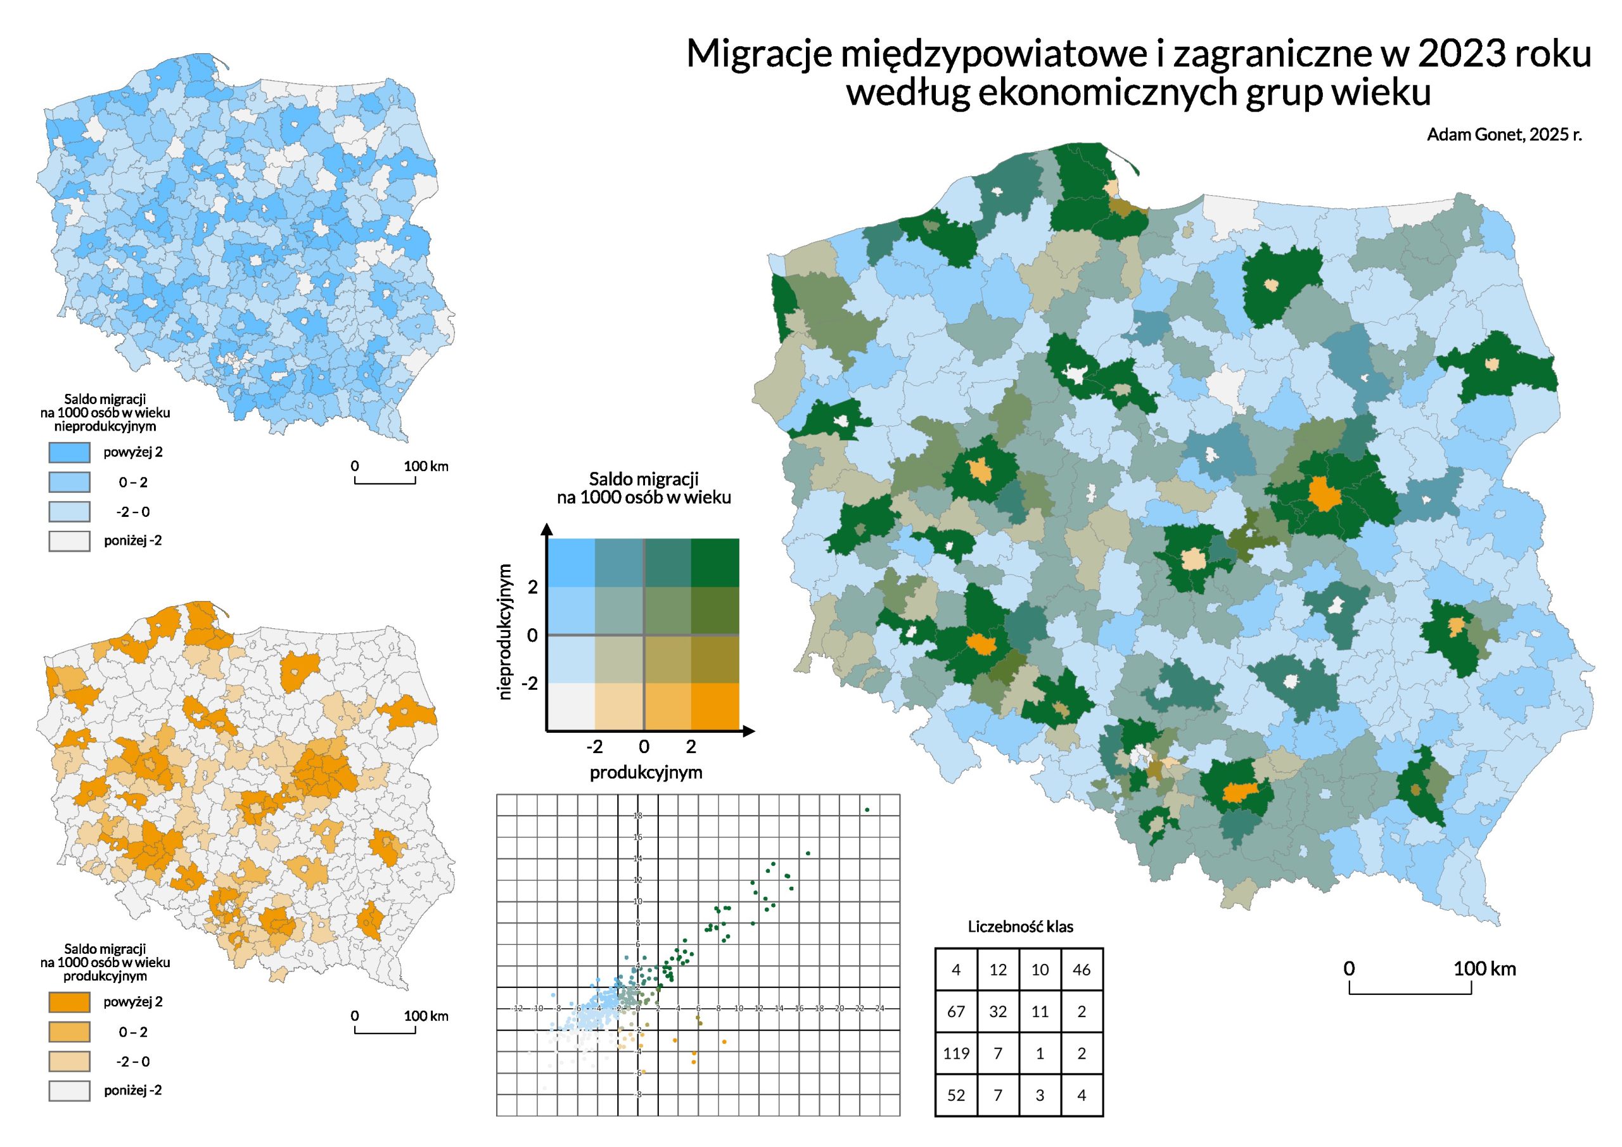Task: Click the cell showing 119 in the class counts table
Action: [x=956, y=1053]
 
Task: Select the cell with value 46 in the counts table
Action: [x=1082, y=970]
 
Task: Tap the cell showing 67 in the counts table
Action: [x=956, y=1011]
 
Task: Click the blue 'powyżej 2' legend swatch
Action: [x=69, y=452]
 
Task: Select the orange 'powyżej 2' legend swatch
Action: [x=69, y=1002]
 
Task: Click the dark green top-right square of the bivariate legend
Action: [x=715, y=562]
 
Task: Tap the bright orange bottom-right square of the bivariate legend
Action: [x=715, y=706]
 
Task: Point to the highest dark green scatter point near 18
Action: [x=867, y=809]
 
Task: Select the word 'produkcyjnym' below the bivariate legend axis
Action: [x=646, y=772]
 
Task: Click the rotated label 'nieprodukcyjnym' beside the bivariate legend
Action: [x=505, y=631]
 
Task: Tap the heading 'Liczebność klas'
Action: [x=1020, y=926]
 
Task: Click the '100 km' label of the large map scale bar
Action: [x=1485, y=968]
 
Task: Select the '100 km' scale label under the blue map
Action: [x=426, y=466]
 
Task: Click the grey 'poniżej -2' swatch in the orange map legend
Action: [x=69, y=1091]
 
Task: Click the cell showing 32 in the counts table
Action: [x=997, y=1011]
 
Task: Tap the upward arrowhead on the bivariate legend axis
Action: [x=546, y=528]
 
